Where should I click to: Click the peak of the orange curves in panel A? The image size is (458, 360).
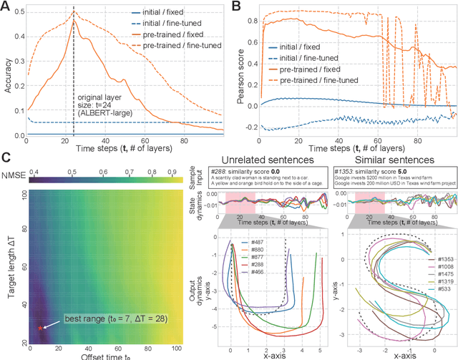coord(74,21)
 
